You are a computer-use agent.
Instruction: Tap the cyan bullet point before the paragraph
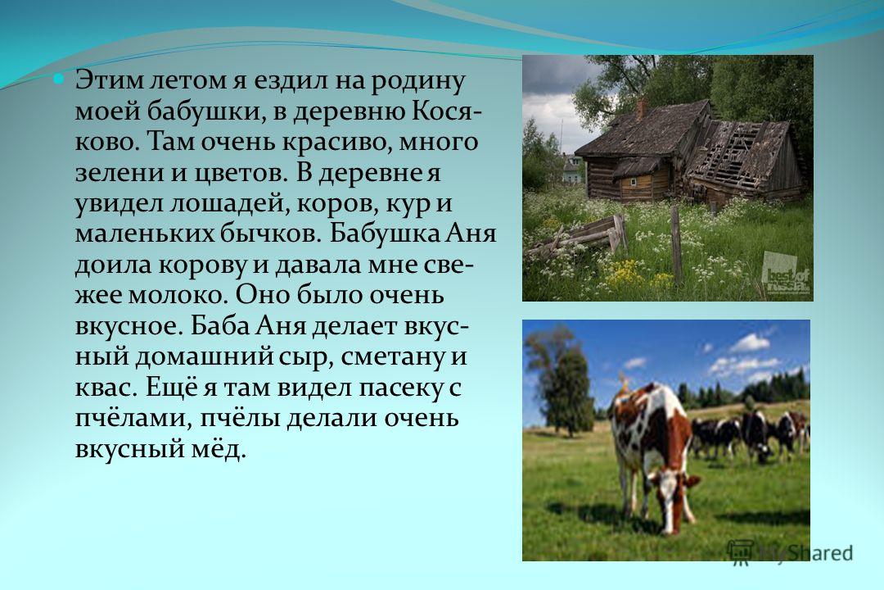coord(59,79)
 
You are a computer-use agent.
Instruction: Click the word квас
coord(105,388)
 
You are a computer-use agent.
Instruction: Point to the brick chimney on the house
coord(641,109)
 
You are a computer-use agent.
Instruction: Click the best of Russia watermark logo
coord(785,275)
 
